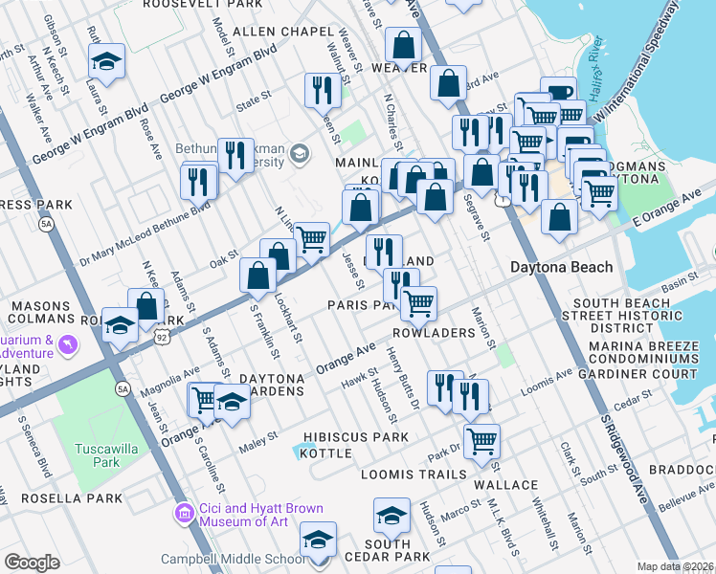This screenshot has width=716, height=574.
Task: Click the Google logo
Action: coord(32,563)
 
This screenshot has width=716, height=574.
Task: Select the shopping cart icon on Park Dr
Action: coord(481,441)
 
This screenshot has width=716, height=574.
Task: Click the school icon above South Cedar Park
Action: coord(392,517)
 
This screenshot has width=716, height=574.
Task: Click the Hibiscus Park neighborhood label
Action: coord(355,437)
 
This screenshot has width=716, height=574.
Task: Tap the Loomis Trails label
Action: coord(414,474)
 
